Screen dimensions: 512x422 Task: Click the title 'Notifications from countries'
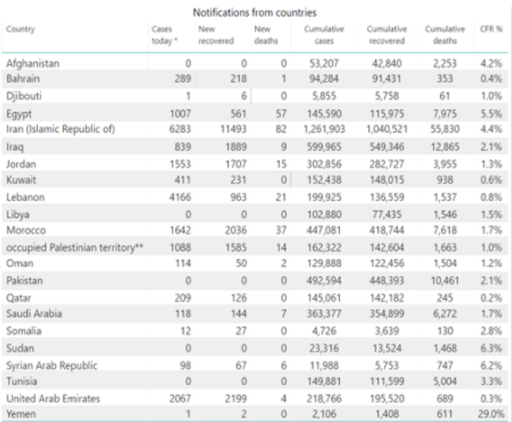pos(255,13)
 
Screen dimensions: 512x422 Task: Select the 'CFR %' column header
pos(491,29)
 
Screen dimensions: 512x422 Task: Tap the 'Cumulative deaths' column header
pos(445,35)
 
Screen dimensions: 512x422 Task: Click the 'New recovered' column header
pos(216,35)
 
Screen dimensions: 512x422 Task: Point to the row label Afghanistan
pos(33,64)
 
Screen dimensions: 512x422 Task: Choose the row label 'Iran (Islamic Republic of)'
pos(61,129)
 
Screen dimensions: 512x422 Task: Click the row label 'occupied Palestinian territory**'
pos(74,247)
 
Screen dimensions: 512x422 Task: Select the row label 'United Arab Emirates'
pos(53,398)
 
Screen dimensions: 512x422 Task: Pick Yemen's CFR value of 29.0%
pos(491,414)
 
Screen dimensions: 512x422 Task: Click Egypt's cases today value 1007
pos(180,114)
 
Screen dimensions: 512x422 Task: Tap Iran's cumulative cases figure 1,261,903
pos(324,129)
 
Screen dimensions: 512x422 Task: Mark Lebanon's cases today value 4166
pos(180,197)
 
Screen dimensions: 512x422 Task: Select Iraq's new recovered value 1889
pos(236,147)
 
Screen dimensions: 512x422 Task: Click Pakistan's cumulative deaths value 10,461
pos(445,280)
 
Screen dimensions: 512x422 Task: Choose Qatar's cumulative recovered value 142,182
pos(387,298)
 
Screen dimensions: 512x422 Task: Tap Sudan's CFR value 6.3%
pos(491,348)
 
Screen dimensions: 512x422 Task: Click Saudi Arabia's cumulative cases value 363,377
pos(324,314)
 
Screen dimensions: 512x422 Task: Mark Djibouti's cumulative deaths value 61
pos(445,96)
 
